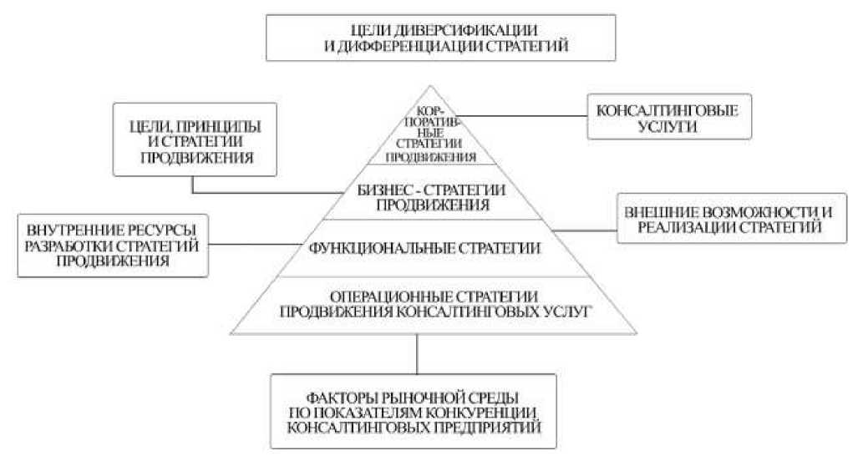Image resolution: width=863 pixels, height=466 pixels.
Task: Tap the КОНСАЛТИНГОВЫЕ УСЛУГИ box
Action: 666,115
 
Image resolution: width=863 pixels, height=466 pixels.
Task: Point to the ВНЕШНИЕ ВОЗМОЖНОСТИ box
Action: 723,219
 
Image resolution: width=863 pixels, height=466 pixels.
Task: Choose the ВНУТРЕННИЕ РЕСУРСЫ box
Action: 110,244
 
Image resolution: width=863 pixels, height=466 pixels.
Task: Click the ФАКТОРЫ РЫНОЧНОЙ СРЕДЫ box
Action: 414,412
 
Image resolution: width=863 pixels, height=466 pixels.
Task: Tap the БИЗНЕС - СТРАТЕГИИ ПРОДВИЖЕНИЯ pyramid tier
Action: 429,195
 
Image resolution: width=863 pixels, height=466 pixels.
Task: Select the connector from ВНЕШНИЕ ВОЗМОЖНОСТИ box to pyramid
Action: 586,228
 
